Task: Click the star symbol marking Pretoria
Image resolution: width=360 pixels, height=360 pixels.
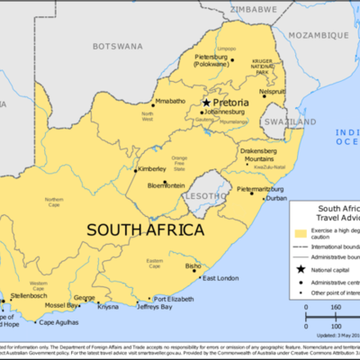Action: (206, 103)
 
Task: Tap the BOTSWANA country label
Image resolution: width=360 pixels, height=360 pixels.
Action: (117, 45)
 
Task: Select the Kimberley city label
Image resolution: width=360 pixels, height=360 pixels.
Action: (151, 168)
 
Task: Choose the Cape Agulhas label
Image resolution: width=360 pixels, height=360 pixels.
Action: (57, 321)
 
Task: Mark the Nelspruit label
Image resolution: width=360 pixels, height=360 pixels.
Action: (273, 92)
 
